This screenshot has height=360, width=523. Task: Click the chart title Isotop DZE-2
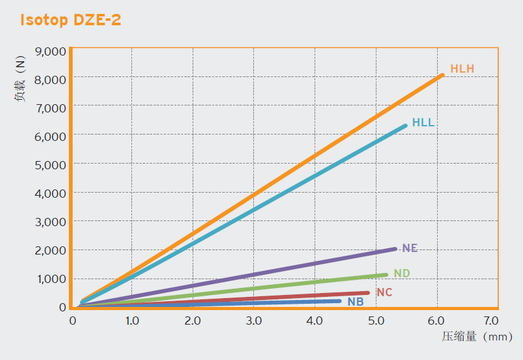point(70,20)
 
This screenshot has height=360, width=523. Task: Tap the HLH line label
point(462,69)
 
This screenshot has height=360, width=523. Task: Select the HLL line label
point(423,123)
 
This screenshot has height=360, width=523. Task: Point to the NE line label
point(410,248)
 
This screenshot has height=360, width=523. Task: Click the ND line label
point(402,273)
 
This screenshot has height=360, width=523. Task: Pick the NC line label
point(384,292)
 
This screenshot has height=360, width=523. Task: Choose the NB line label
point(356,302)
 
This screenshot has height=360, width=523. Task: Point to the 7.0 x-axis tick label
point(491,320)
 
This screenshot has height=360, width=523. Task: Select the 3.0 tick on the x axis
point(253,320)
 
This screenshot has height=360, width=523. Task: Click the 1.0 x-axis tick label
point(132,320)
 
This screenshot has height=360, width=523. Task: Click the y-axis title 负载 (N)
point(21,79)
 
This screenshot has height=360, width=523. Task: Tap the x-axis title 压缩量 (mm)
point(477,337)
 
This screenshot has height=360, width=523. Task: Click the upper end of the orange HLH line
point(442,75)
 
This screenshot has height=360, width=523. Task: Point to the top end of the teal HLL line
point(405,126)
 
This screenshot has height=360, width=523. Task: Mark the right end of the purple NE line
point(395,249)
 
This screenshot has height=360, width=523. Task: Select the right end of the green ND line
point(385,275)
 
